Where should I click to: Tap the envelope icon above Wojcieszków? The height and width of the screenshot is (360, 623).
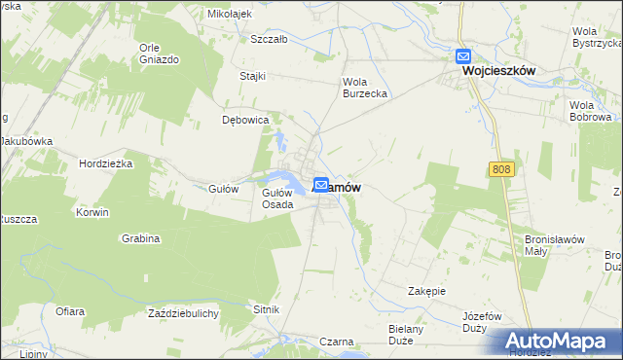[x=463, y=56]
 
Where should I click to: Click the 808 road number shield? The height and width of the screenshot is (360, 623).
[x=500, y=170]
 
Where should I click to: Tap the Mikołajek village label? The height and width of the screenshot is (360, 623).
[x=230, y=15]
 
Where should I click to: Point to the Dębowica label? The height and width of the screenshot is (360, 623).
[x=244, y=121]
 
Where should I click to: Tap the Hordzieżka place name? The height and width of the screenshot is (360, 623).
[x=105, y=163]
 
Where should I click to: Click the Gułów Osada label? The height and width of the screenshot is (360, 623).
[x=277, y=198]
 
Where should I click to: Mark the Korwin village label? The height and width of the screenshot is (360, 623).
[x=93, y=211]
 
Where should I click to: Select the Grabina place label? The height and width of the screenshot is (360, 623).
[x=141, y=238]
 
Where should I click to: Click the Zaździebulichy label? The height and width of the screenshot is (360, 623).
[x=183, y=313]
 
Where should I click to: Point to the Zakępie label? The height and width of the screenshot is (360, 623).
[x=426, y=290]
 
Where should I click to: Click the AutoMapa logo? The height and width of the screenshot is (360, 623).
[x=555, y=342]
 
